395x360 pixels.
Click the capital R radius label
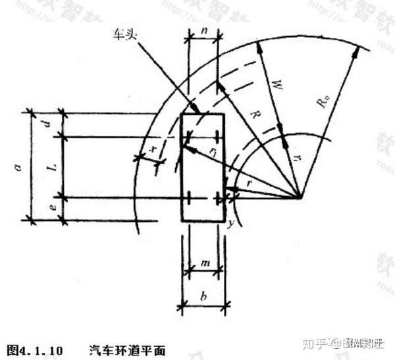[253, 115]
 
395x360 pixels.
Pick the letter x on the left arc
[153, 149]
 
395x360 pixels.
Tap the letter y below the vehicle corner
[230, 225]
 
